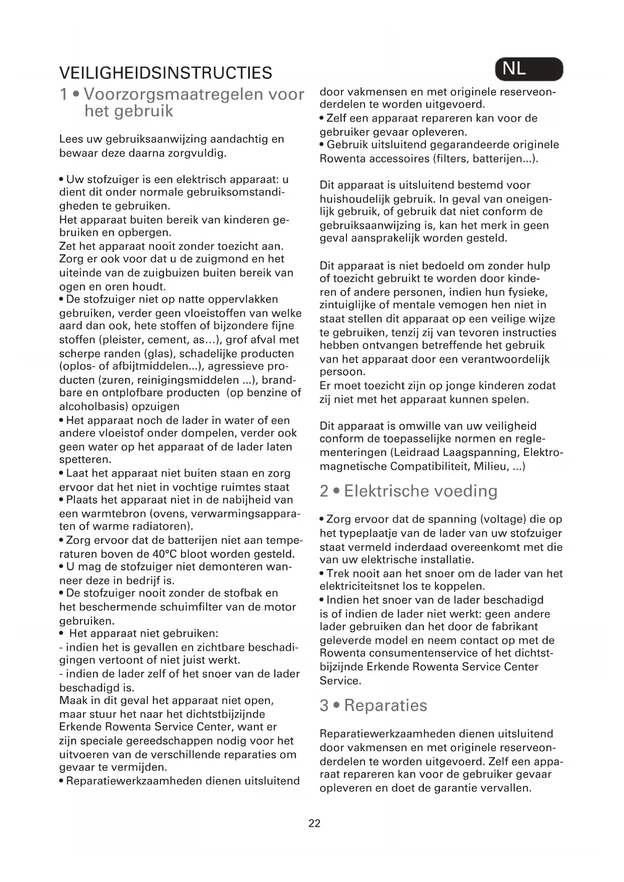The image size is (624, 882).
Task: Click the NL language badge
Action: point(528,69)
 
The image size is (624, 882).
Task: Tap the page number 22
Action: point(314,823)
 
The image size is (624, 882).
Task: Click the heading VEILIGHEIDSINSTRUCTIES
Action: point(165,73)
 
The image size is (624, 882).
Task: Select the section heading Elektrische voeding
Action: point(408,491)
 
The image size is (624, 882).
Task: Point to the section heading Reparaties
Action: point(373,705)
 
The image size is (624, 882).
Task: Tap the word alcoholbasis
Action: point(91,406)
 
